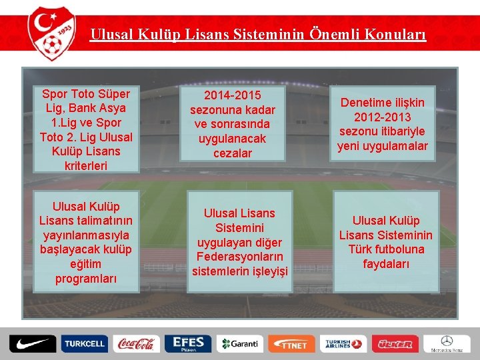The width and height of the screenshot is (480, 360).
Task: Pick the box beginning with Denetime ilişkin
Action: point(383,124)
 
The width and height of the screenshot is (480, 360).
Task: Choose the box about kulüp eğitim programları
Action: point(86,243)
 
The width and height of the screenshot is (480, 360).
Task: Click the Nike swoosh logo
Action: point(31,344)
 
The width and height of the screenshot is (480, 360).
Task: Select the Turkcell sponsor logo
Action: point(84,344)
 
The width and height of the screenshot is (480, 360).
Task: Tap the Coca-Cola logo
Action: point(135,344)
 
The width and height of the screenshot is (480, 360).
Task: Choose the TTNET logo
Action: point(291,344)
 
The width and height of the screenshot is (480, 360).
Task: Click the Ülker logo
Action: point(395,344)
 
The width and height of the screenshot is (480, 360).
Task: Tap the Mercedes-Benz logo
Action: point(446,344)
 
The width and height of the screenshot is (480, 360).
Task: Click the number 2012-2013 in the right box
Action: point(383,117)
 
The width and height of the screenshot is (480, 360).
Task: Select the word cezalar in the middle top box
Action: point(232,153)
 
